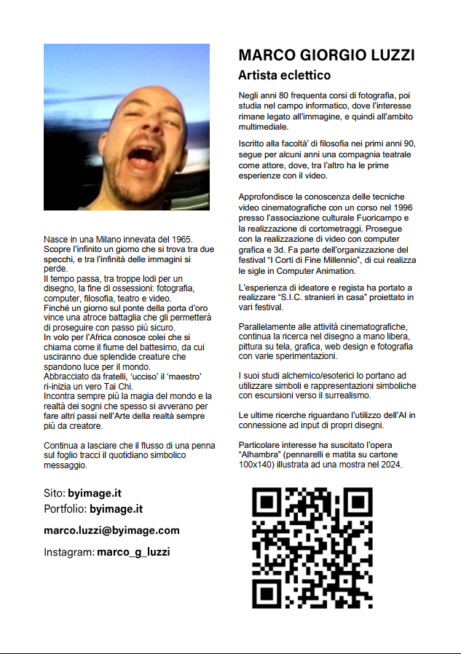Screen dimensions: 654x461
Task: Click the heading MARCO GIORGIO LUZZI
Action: (x=326, y=55)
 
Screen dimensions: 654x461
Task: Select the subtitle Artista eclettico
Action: (x=284, y=75)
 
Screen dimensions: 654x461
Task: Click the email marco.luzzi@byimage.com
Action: (x=111, y=530)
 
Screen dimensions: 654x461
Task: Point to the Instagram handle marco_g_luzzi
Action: (x=133, y=552)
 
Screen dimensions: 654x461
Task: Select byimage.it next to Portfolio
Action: (x=116, y=508)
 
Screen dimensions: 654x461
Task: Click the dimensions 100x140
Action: (x=256, y=464)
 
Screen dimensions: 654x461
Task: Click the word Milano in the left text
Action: (x=100, y=240)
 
